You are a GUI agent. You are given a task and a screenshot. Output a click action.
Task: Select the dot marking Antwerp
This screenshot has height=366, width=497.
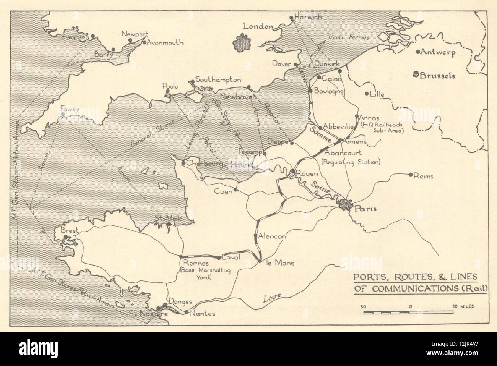(x=419, y=52)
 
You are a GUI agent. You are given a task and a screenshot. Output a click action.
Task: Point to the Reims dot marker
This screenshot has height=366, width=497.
(x=411, y=175)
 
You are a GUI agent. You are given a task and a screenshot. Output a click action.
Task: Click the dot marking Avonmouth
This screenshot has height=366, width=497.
(x=144, y=43)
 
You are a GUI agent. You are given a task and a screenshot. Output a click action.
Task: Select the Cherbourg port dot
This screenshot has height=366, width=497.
(x=184, y=163)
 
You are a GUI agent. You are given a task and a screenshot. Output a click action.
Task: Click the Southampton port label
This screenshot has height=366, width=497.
(x=218, y=80)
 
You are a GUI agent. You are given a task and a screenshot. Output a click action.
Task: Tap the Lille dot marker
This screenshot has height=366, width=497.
(x=367, y=94)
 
